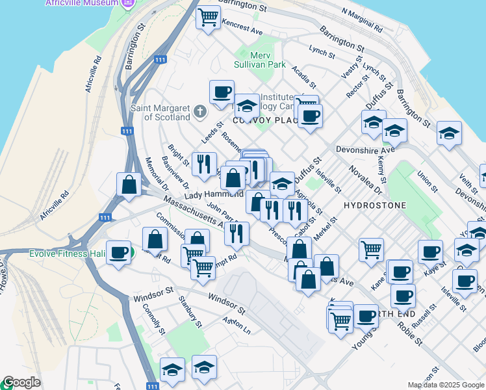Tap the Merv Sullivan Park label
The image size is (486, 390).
point(260,60)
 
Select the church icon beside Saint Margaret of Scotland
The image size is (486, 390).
point(200,112)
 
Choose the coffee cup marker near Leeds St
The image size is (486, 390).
point(222,92)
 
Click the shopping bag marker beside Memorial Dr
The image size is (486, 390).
point(129,184)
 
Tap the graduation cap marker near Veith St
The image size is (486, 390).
point(449,133)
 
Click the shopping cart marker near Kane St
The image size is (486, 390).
point(370,250)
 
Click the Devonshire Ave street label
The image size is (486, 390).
point(365,149)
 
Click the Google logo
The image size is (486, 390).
point(21,383)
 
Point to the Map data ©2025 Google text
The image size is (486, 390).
point(446,385)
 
